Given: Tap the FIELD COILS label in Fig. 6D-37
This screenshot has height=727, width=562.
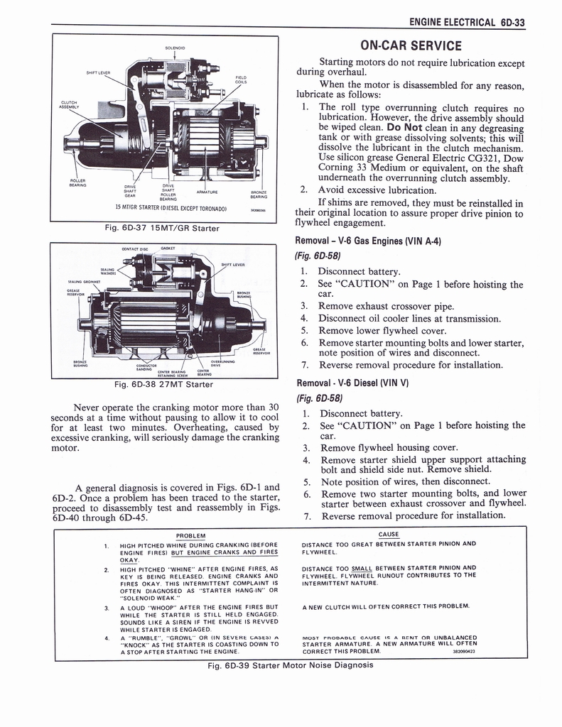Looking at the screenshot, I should (241, 80).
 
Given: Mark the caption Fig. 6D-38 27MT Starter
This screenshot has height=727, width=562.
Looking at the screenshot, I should (164, 385).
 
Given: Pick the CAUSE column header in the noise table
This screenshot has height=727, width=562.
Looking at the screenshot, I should (389, 534).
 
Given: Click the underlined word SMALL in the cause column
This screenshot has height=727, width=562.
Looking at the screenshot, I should (362, 568).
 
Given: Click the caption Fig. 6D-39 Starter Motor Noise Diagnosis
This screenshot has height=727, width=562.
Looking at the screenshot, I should (291, 665).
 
